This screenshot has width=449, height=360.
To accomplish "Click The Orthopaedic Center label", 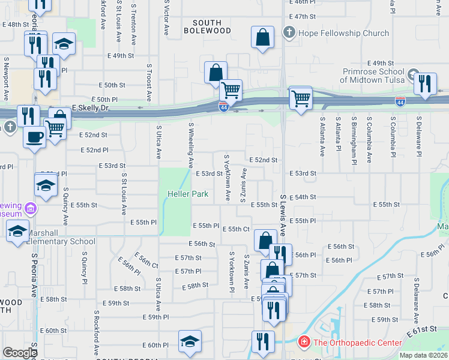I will (357, 343).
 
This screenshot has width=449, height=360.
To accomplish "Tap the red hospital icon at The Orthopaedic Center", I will (304, 343).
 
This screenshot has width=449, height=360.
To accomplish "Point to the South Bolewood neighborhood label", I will (207, 26).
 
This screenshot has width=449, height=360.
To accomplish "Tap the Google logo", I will (20, 353).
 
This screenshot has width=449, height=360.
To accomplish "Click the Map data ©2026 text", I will (423, 355).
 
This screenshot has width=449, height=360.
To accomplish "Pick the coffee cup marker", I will (34, 136).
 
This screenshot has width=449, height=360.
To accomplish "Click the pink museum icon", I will (31, 209).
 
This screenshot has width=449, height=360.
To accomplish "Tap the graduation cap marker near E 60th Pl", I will (190, 341).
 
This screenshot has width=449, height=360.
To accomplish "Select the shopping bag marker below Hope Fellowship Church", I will (262, 37).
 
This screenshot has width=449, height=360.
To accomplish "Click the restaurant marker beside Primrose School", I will (425, 83).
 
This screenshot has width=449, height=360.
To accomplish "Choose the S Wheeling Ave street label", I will (191, 145).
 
